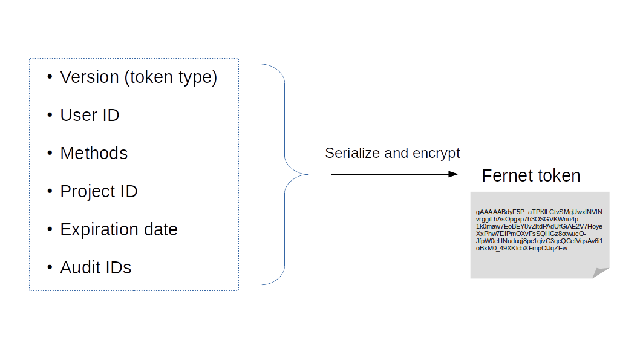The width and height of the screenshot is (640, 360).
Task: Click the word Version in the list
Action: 89,77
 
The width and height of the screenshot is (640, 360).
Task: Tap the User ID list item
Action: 90,116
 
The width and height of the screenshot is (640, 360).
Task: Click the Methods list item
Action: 94,154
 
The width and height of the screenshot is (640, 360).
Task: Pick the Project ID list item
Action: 99,192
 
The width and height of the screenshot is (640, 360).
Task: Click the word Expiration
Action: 100,230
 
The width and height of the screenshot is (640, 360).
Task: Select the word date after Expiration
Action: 161,230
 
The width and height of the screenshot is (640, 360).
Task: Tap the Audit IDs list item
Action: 96,268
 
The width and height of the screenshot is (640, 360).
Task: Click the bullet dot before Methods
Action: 50,154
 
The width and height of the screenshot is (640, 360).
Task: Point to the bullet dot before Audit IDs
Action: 50,268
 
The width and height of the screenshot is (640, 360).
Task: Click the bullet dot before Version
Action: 50,77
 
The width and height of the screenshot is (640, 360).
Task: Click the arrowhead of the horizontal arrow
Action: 453,174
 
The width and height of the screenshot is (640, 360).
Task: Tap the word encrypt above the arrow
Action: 436,153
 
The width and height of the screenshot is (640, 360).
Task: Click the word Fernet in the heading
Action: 506,176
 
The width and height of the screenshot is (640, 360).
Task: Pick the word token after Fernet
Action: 557,176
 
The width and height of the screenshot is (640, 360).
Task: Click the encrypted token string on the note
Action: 539,230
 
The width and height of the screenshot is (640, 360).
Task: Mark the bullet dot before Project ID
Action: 50,192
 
